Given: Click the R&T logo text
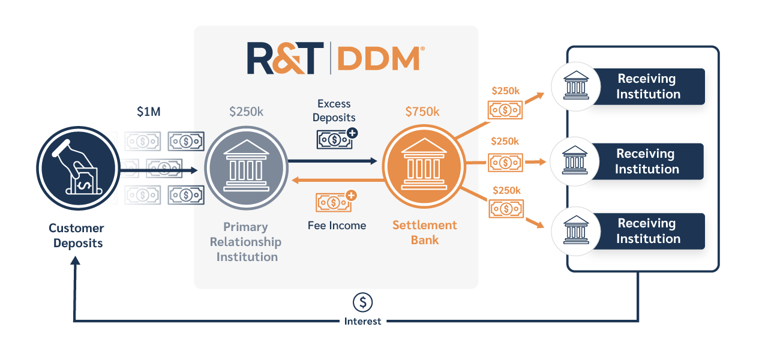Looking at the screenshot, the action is [x=285, y=58].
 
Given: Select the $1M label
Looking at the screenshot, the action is [x=149, y=112].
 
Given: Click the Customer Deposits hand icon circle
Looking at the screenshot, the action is [x=78, y=168].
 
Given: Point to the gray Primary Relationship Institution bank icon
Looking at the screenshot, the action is [x=246, y=168].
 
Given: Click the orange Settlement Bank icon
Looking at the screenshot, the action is [x=424, y=167].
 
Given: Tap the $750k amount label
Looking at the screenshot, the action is [x=422, y=112].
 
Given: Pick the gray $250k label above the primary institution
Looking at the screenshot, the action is [x=246, y=112].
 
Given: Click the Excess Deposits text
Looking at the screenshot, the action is [x=334, y=110].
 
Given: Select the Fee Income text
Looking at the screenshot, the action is [x=337, y=226].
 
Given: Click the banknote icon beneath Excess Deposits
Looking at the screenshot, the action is [x=337, y=139].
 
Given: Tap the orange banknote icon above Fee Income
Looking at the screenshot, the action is [x=337, y=201].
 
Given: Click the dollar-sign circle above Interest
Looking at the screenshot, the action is [x=362, y=302].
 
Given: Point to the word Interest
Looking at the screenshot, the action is [x=362, y=322].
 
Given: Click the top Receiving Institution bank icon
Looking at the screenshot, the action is [x=576, y=86].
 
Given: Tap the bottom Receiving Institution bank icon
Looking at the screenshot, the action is [x=576, y=231].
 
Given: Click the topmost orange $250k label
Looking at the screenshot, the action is [x=505, y=91].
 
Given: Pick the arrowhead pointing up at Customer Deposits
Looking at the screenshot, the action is [x=75, y=260].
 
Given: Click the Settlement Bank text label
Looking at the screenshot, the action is [x=425, y=233].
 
